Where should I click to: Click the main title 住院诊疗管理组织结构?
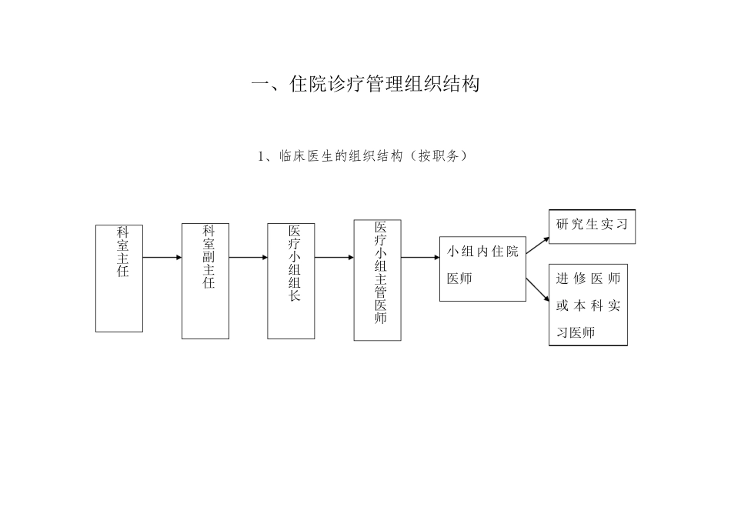coord(365,84)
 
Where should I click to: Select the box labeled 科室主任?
coord(119,279)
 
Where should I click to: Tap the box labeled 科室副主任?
coord(205,281)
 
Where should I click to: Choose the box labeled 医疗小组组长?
coord(292,281)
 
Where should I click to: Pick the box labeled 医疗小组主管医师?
coord(377,280)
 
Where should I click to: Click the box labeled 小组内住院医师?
coord(482,269)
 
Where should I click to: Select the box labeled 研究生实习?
coord(592,226)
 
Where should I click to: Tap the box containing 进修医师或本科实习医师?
coord(588,305)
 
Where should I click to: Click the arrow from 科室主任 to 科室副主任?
coord(162,258)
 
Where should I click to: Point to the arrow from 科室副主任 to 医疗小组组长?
coord(249,258)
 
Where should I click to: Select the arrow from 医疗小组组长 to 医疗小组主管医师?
coord(335,258)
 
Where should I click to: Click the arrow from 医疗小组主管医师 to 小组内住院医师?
coord(420,258)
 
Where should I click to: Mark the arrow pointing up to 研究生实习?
coord(538,245)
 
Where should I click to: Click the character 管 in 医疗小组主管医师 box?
coord(381,290)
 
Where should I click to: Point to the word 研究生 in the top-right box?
coord(578,225)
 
